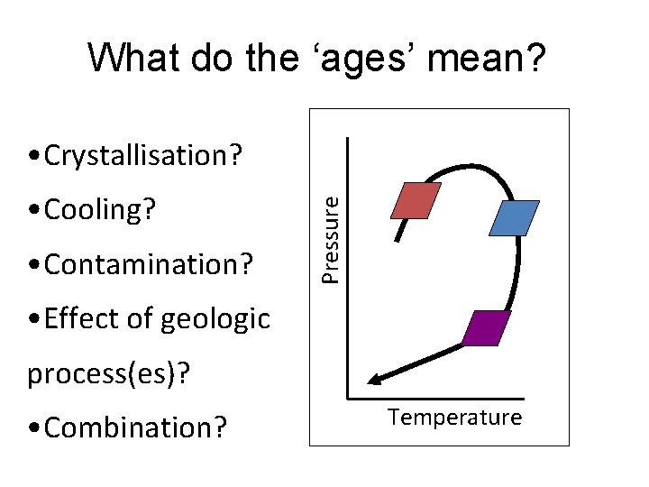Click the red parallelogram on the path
pos(415,200)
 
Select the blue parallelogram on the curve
pos(514,217)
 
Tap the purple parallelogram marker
pos(486,328)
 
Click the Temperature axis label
pos(454,417)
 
